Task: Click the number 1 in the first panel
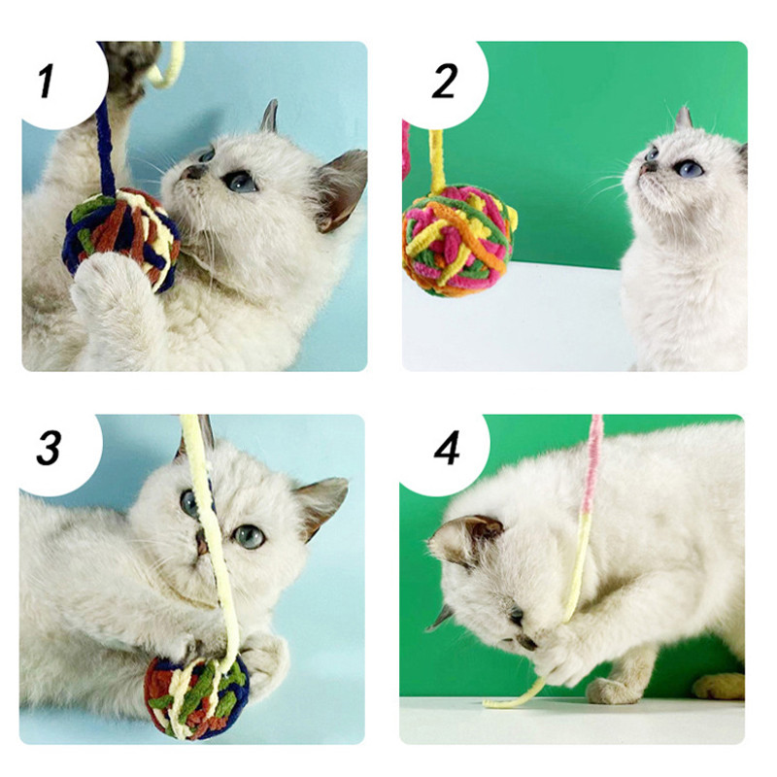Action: tap(47, 81)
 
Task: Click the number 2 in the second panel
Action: tap(444, 81)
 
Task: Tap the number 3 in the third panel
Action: tap(50, 448)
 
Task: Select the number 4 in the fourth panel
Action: tap(447, 448)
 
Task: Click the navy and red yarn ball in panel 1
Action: tap(120, 238)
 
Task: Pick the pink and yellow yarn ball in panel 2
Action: tap(458, 241)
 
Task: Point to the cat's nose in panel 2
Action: tap(643, 169)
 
